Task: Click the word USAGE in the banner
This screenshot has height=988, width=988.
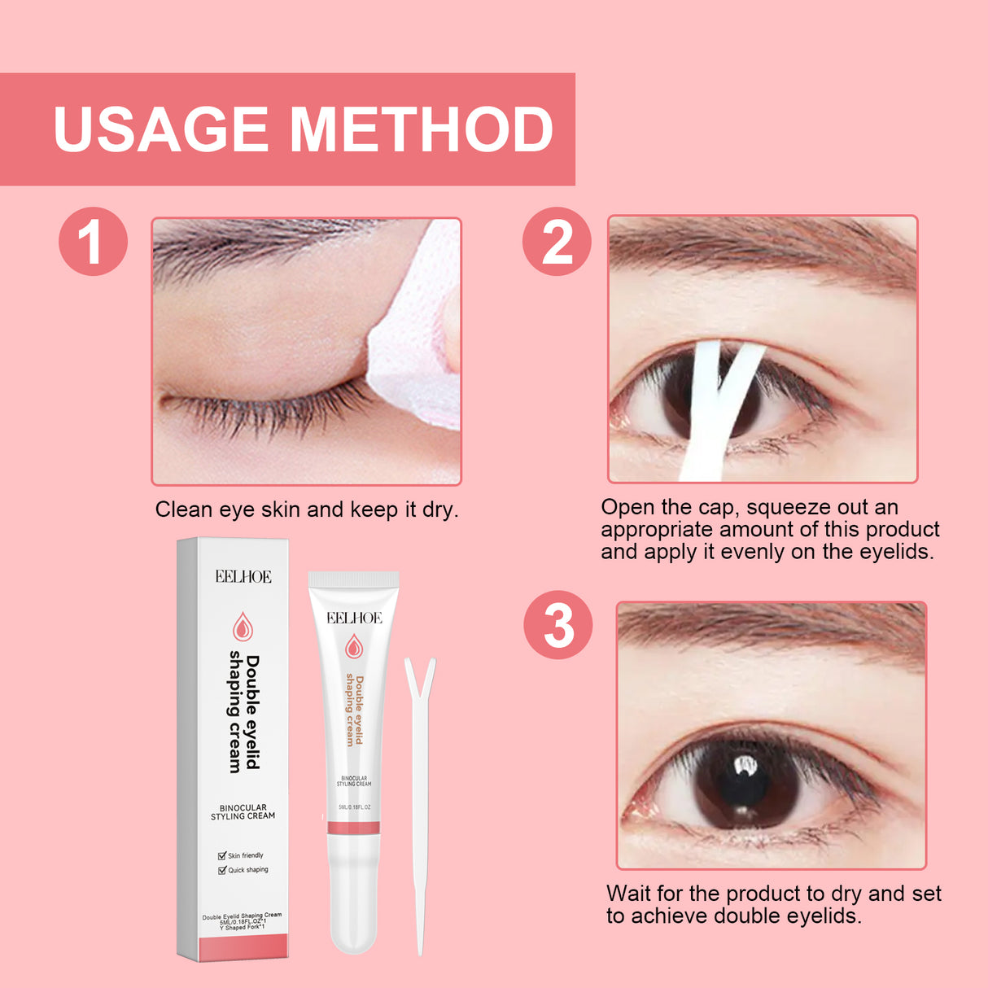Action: point(160,130)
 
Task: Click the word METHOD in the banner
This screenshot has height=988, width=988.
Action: point(421,130)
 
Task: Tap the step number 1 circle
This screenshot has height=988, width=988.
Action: point(93,242)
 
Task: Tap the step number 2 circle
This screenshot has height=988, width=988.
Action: point(557,242)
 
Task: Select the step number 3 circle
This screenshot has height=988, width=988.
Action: point(558,625)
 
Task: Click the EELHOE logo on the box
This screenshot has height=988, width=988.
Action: point(243,577)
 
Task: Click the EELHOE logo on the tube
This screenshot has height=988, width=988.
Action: point(354,619)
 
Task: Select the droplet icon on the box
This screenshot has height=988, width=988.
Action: point(243,627)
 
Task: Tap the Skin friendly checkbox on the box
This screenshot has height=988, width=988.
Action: point(222,855)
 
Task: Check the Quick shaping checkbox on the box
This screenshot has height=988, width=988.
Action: point(222,870)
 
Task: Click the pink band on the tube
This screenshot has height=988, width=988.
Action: point(353,828)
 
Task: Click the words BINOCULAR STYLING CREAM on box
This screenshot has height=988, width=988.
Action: point(243,812)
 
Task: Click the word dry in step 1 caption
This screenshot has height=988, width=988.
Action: point(439,510)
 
